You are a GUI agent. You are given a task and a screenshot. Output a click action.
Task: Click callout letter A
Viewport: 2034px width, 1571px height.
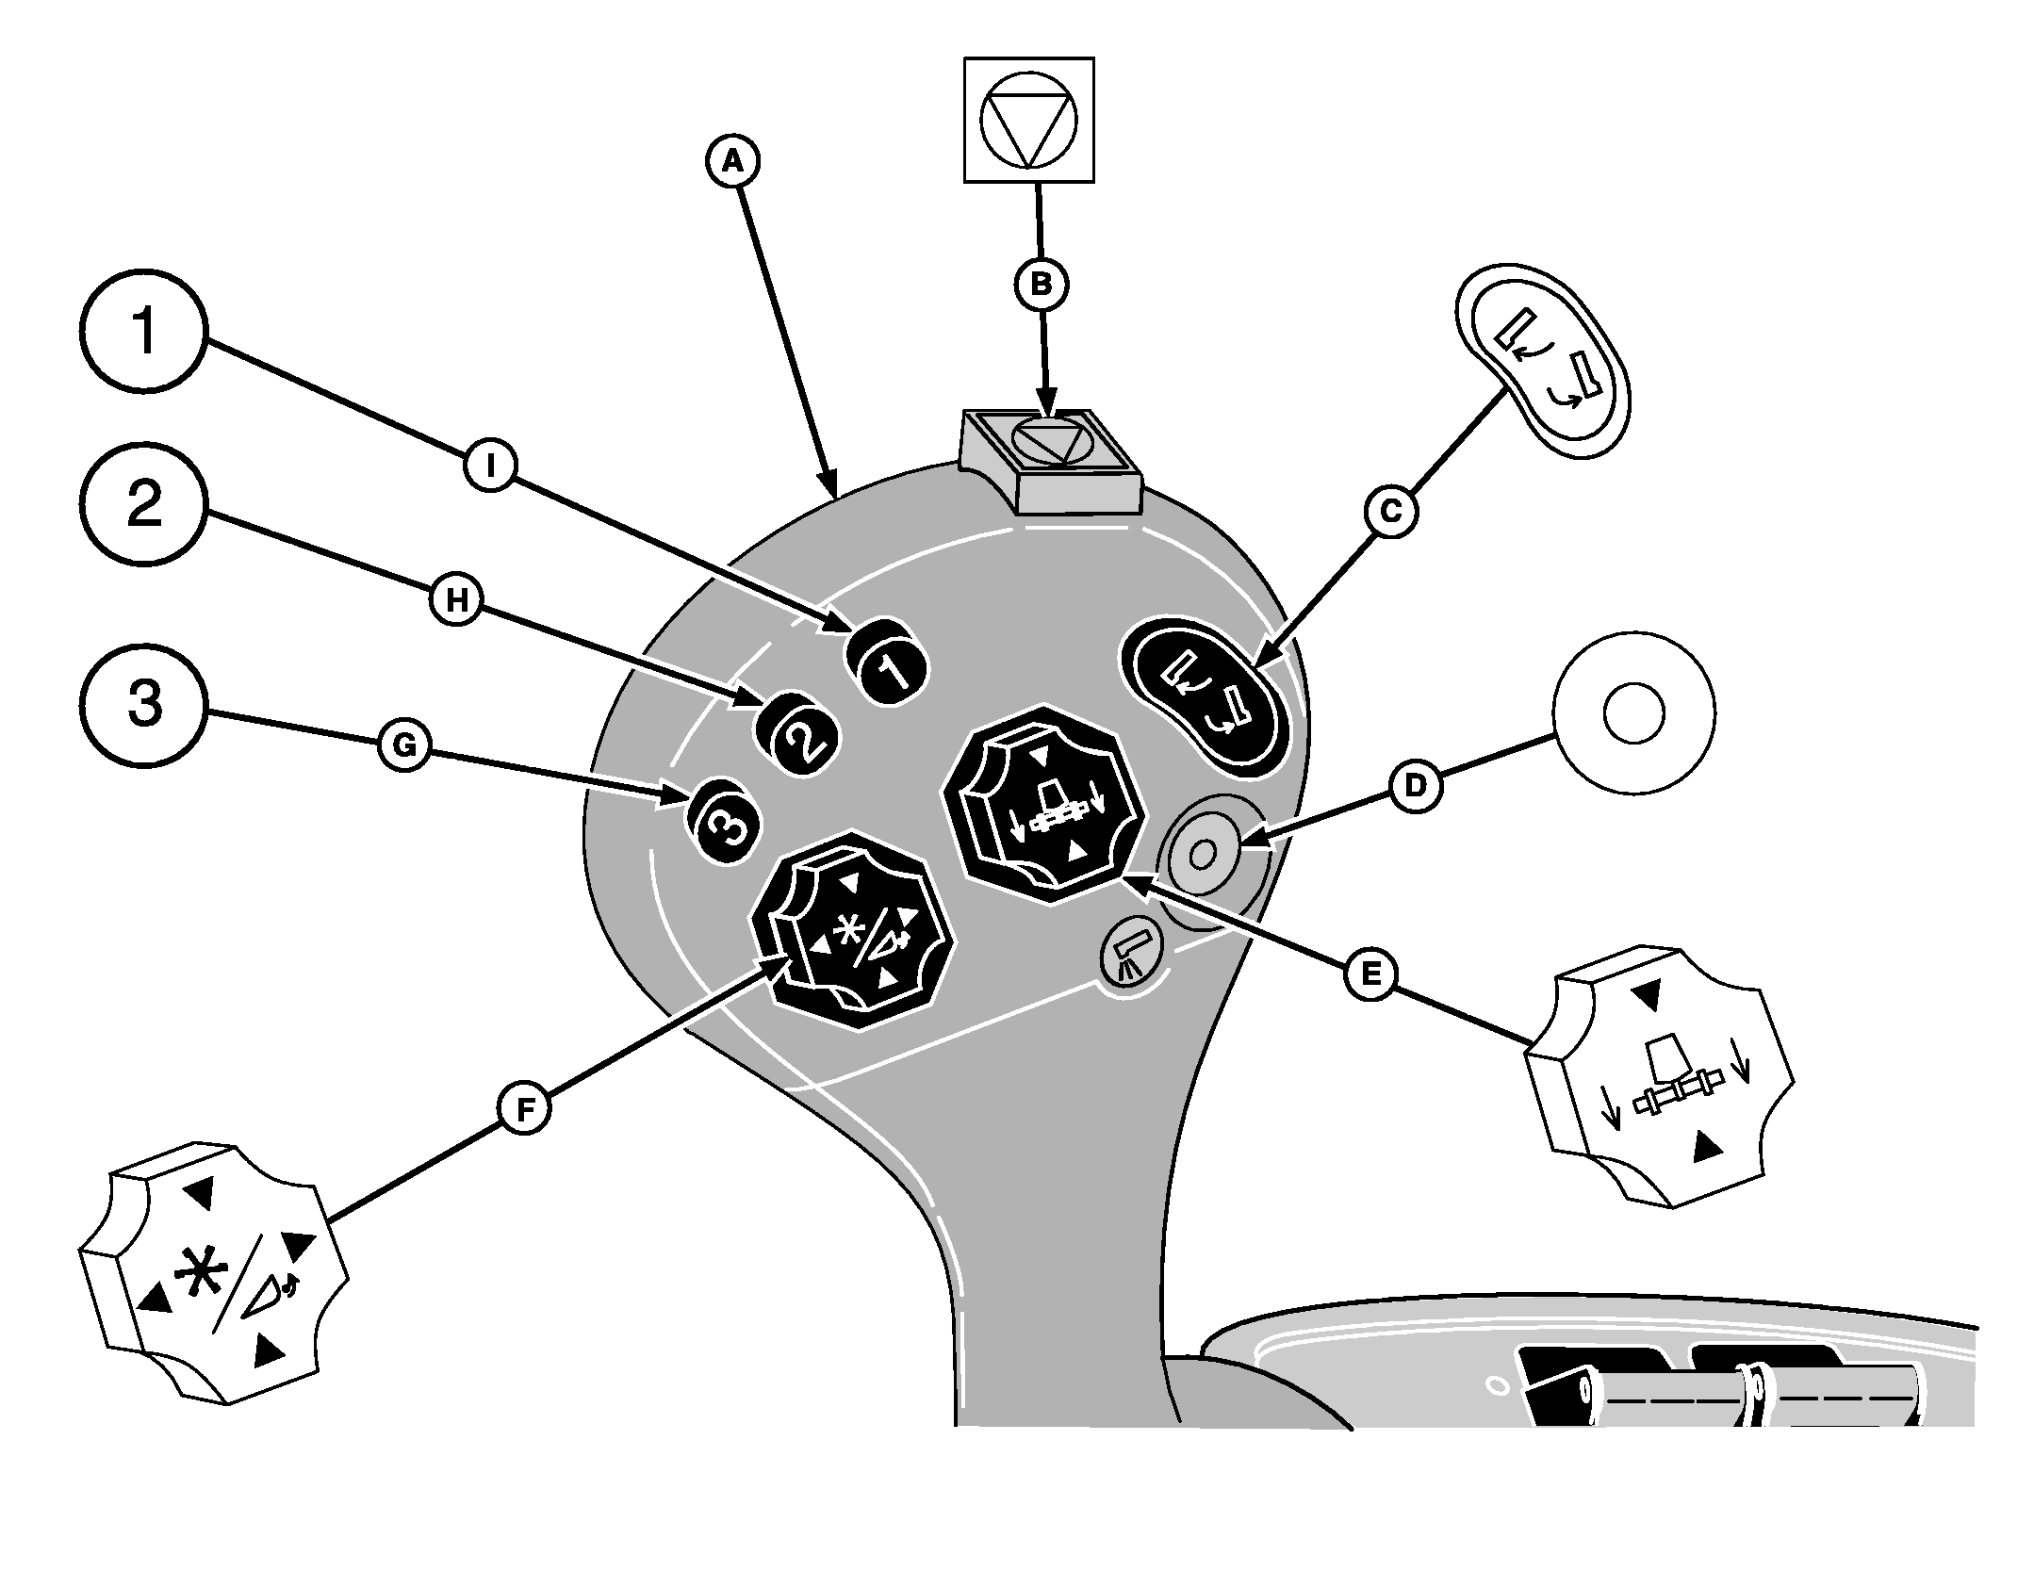click(x=732, y=162)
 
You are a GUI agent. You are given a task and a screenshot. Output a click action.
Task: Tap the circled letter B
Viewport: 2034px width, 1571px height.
click(x=1042, y=284)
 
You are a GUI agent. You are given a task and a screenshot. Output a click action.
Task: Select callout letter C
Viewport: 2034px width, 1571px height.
click(x=1391, y=511)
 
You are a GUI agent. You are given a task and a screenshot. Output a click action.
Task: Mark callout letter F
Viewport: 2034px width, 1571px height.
click(x=525, y=1110)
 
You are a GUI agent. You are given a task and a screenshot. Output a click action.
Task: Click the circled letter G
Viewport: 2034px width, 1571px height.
click(x=403, y=746)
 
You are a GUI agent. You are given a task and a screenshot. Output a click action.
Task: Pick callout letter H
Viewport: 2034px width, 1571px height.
click(x=457, y=600)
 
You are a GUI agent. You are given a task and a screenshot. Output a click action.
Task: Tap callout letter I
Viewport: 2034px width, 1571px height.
click(x=489, y=464)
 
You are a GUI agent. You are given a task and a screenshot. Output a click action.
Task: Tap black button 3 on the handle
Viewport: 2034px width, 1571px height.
click(x=724, y=824)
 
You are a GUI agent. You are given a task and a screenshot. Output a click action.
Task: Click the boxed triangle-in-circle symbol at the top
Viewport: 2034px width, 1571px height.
click(x=1028, y=119)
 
